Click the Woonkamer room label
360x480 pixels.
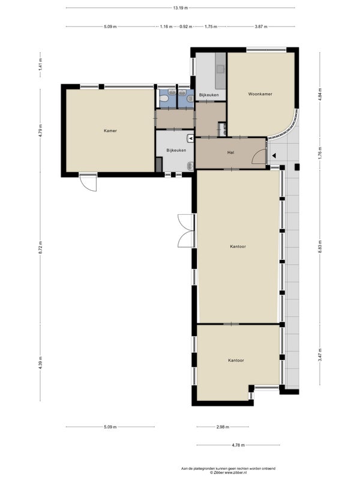click(260, 94)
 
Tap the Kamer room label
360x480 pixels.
click(110, 131)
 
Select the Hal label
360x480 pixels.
click(230, 152)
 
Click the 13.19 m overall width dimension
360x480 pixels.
click(181, 8)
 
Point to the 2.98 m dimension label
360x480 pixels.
click(223, 427)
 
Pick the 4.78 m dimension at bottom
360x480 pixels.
click(238, 445)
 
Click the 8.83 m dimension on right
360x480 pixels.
click(320, 247)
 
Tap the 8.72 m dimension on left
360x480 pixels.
click(40, 247)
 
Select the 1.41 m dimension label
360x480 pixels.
click(40, 65)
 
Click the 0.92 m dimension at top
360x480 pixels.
click(185, 26)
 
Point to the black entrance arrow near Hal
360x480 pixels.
click(274, 155)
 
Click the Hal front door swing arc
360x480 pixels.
click(259, 155)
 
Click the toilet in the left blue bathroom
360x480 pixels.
click(164, 98)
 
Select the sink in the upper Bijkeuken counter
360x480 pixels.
click(220, 69)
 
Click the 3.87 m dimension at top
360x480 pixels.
click(261, 26)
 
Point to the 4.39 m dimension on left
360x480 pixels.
click(40, 363)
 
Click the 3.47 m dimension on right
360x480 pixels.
click(320, 355)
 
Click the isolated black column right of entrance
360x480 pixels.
click(297, 167)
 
